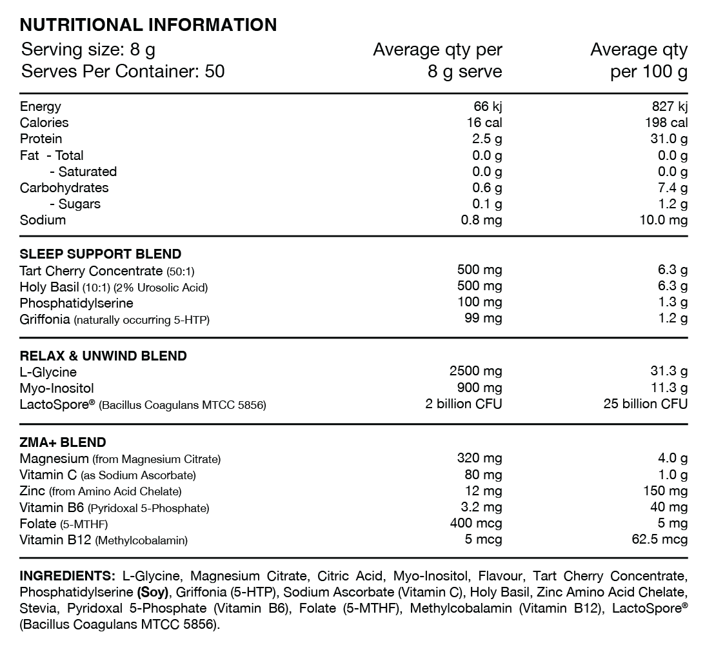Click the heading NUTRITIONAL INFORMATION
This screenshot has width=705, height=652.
coord(148,25)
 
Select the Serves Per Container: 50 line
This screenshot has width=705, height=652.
coord(123,71)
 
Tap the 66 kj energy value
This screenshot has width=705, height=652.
coord(488,106)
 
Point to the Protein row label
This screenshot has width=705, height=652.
coord(41,139)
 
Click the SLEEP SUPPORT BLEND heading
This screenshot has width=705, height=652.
coord(101,253)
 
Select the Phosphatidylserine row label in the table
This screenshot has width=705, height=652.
coord(77,302)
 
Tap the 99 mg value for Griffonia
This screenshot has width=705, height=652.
coord(483,318)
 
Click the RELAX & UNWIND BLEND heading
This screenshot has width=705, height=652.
coord(103,356)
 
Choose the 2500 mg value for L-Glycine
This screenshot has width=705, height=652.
coord(475,371)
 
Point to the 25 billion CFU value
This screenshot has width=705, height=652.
coord(645,404)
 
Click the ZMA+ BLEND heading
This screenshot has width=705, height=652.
coord(63,442)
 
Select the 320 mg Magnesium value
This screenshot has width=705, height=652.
coord(479,459)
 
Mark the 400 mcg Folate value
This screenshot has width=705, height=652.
coord(476,524)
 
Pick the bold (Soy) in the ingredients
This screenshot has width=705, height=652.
coord(152,592)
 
